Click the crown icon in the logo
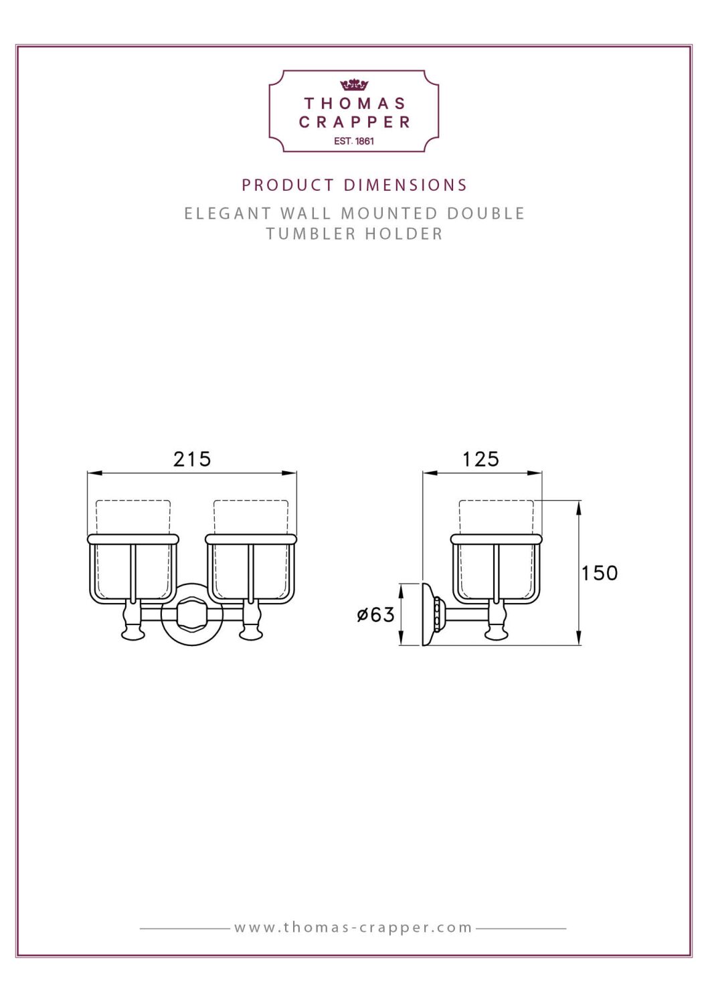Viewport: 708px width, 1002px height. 354,85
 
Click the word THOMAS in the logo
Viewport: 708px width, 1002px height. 355,104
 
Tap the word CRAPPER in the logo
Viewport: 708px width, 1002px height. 355,122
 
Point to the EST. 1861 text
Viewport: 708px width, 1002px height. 354,141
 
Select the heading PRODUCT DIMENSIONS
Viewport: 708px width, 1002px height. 354,185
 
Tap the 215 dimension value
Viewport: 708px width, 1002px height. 192,459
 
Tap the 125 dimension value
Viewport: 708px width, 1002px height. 480,459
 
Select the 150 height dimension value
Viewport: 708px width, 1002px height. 599,573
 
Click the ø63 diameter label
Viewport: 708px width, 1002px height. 375,614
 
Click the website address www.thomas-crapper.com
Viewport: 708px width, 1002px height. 353,928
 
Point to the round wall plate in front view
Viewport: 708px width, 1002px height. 193,614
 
